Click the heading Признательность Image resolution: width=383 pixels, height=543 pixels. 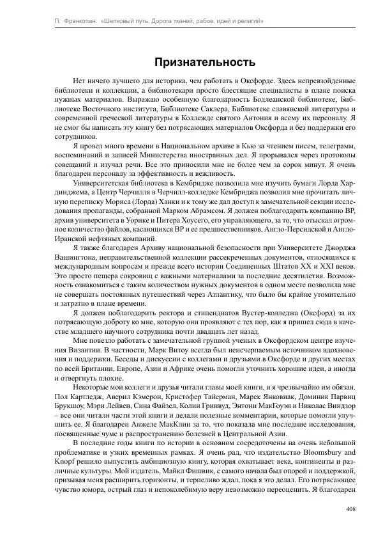click(x=205, y=62)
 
